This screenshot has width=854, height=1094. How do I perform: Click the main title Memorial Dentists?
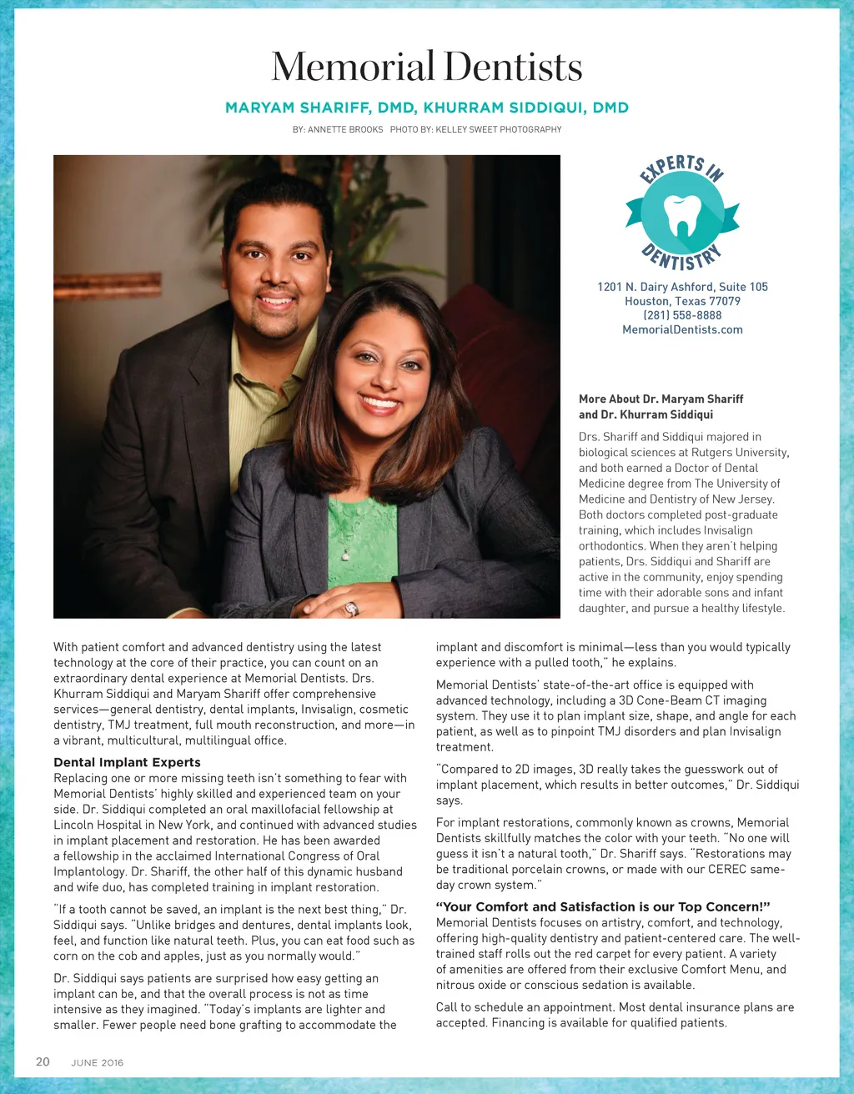426,67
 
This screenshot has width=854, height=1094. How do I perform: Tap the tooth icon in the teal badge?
681,215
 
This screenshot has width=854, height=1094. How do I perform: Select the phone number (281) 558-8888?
682,315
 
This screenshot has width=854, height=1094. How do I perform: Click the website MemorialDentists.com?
682,329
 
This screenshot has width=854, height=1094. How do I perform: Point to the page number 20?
43,1061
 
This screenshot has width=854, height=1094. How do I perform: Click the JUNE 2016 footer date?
97,1062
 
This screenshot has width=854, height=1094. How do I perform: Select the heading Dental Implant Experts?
127,762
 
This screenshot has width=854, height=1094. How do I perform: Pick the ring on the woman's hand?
352,609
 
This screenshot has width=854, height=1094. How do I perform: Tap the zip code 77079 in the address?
725,301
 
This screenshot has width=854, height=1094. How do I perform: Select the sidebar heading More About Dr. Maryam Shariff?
661,399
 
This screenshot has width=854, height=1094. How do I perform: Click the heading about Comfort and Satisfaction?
602,906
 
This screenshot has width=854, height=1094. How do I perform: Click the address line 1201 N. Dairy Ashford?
682,287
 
